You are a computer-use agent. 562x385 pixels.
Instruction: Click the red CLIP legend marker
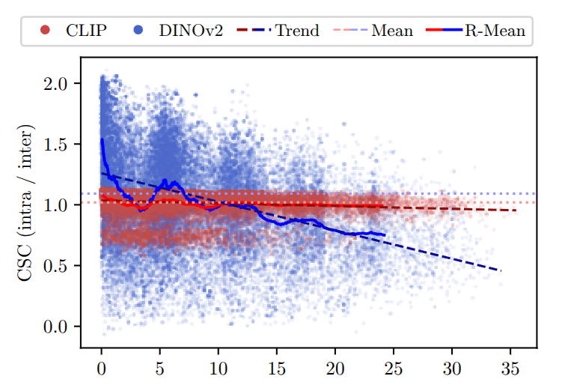45,31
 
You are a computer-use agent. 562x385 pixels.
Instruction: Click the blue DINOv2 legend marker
138,31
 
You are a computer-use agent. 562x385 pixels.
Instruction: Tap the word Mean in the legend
391,31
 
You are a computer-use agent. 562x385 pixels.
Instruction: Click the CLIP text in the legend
86,31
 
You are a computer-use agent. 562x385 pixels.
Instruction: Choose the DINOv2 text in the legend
190,31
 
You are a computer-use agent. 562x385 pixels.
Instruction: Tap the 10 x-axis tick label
219,368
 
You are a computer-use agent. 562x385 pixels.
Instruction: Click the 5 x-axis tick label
160,368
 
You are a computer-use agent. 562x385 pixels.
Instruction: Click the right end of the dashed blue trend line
501,270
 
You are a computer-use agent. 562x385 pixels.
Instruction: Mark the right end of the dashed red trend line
516,210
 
